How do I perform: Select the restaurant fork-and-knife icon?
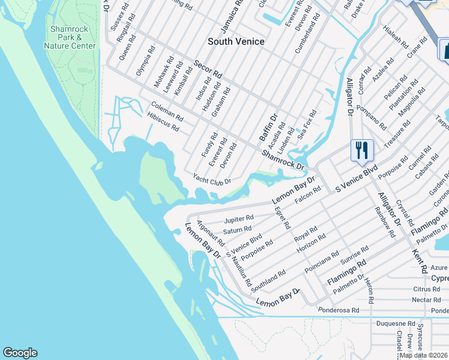click(362, 150)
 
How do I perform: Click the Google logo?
click(20, 353)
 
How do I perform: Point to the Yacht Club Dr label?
click(211, 178)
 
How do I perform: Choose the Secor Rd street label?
click(208, 69)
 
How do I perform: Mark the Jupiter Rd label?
click(238, 218)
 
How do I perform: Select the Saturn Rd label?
click(237, 229)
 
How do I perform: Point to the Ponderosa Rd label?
click(339, 310)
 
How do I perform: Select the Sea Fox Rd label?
click(307, 124)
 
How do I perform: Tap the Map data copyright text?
click(424, 355)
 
